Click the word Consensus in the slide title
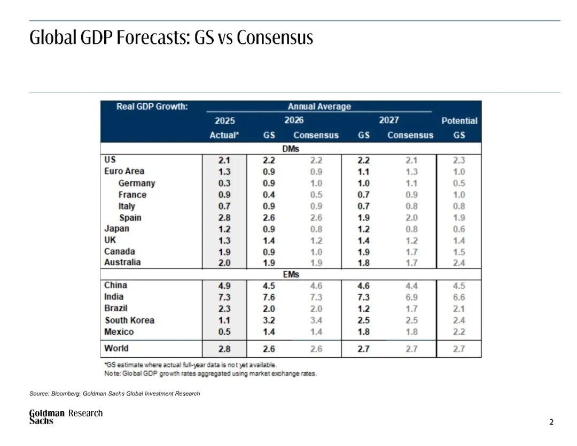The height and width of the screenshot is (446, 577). click(x=275, y=37)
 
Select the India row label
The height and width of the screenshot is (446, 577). click(x=114, y=296)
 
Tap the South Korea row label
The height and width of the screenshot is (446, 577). click(x=129, y=320)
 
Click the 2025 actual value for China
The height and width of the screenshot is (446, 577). click(x=224, y=286)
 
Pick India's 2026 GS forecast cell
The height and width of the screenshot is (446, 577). click(x=269, y=297)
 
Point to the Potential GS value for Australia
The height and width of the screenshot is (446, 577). click(x=459, y=263)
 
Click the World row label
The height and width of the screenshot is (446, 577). click(x=116, y=348)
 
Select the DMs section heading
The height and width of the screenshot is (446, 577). click(x=291, y=149)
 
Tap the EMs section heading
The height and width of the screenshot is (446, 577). click(x=291, y=274)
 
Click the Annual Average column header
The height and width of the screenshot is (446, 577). click(x=319, y=106)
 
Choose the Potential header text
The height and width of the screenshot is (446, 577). click(x=459, y=121)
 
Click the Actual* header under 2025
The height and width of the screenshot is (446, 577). click(x=224, y=135)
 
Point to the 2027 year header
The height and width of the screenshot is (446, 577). click(x=388, y=120)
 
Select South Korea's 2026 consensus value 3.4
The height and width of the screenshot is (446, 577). click(x=316, y=320)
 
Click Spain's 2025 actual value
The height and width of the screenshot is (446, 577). click(x=224, y=218)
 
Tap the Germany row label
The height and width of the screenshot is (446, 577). click(x=137, y=183)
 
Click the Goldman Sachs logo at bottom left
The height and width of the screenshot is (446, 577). click(x=46, y=417)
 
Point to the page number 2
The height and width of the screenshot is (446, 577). click(x=551, y=422)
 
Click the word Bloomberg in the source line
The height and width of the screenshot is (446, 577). click(x=65, y=394)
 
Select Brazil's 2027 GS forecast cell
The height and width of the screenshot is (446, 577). click(x=363, y=309)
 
